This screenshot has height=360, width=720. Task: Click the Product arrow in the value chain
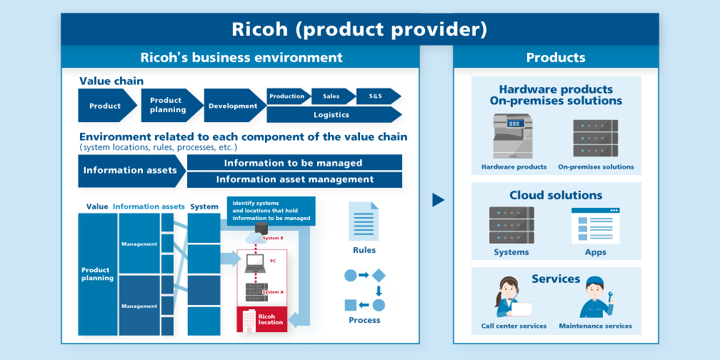tap(106, 106)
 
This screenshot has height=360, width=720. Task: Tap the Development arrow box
tap(233, 106)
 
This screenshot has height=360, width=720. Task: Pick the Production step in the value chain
tap(288, 96)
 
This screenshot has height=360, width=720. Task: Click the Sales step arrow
tap(332, 96)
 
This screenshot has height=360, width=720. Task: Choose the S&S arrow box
tap(376, 96)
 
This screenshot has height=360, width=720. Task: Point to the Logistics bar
tap(332, 114)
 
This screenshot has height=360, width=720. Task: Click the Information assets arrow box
tap(131, 171)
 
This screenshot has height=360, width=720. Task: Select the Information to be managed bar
tap(294, 163)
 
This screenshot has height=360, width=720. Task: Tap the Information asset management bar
tap(294, 180)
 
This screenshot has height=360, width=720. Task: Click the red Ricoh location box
tap(261, 318)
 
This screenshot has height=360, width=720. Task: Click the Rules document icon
tap(364, 221)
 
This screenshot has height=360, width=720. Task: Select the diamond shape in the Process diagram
tap(379, 275)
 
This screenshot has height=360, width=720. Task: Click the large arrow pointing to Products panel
tap(438, 200)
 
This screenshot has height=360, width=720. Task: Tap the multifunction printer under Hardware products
tap(513, 136)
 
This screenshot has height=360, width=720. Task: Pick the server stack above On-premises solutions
tap(595, 138)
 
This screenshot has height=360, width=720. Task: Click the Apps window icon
tap(595, 226)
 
